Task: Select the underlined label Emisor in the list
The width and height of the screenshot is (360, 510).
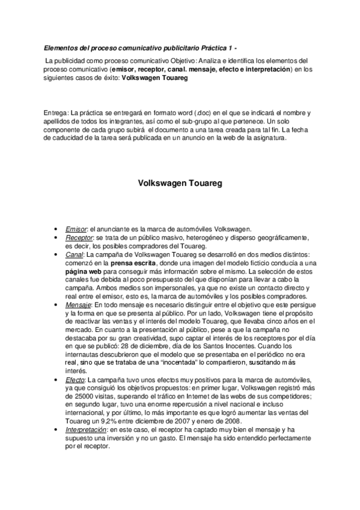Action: pos(76,229)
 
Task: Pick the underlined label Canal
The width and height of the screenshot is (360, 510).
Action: pos(75,254)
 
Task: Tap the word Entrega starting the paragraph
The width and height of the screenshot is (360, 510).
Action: pos(56,113)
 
